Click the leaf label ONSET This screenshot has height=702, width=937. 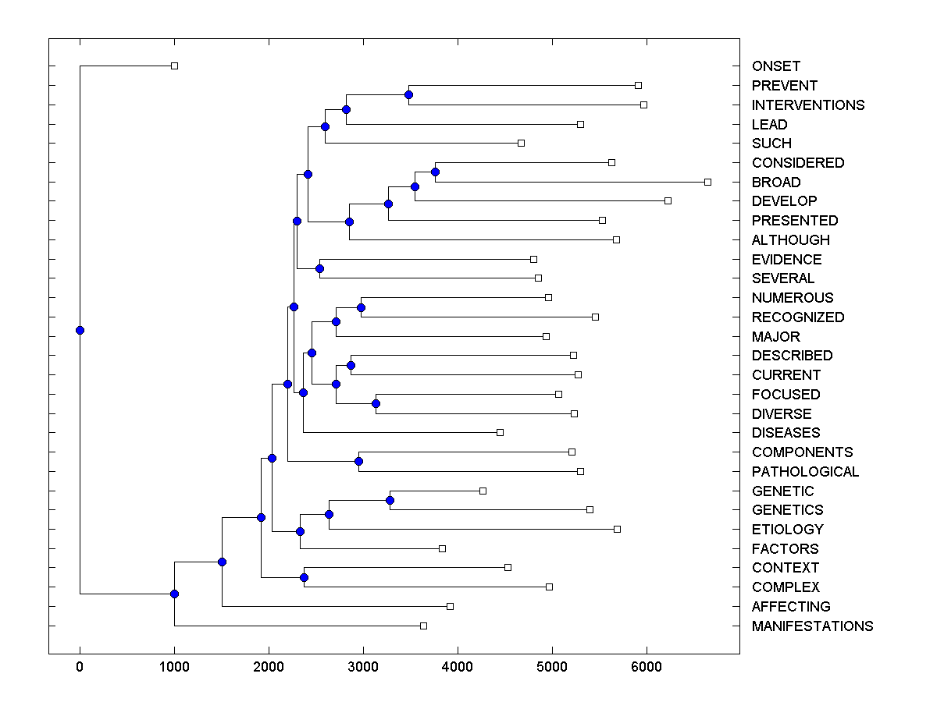pos(775,66)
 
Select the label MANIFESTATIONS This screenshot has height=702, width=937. pos(812,626)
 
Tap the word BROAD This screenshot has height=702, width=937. pos(775,182)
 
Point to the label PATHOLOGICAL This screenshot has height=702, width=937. pos(805,471)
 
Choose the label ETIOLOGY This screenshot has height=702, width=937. pos(787,529)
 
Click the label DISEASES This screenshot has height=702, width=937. pos(786,432)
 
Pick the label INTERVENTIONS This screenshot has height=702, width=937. pos(808,105)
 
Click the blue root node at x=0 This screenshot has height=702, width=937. pos(80,330)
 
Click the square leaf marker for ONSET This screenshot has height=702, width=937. pos(174,66)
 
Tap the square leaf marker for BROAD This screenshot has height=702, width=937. pos(707,182)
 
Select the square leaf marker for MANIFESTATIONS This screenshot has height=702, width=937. pos(423,626)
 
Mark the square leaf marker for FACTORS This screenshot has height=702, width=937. pos(442,548)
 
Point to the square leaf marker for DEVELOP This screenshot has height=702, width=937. pos(668,200)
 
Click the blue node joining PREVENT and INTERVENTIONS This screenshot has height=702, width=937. pos(408,94)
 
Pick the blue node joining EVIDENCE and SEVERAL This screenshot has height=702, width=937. pos(319,268)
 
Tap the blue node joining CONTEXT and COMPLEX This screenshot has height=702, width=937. pos(304,577)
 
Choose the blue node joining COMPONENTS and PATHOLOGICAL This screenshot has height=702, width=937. pos(358,461)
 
